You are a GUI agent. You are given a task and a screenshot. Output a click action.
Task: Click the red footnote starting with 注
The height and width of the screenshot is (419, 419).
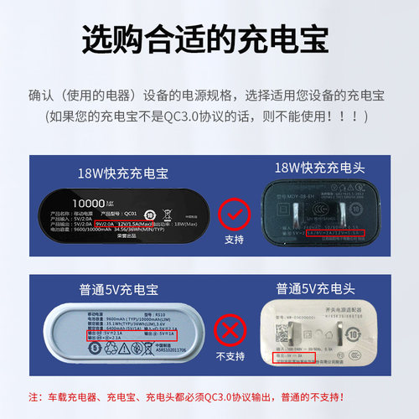[209, 396]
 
